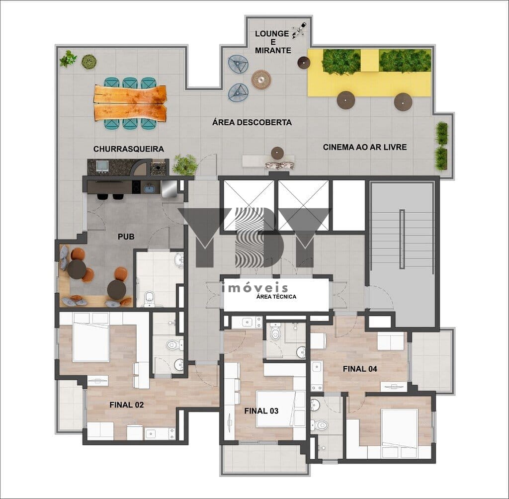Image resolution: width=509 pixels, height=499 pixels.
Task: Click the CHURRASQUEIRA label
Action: (129, 149)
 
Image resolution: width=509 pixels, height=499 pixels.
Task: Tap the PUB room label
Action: (126, 237)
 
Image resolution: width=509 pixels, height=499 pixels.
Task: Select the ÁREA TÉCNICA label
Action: (276, 296)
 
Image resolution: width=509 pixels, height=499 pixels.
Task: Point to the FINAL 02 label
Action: (127, 405)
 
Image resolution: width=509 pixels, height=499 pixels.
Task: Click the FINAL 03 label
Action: (261, 411)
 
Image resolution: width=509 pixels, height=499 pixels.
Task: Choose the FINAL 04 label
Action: (360, 369)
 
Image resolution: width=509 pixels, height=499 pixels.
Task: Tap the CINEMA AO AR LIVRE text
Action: (365, 147)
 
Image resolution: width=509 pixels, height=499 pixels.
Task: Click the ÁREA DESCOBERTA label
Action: (252, 122)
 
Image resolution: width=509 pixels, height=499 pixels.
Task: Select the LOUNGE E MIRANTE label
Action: (272, 42)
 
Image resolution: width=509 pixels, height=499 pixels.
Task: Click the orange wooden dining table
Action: (130, 103)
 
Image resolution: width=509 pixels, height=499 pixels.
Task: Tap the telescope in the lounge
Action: (299, 30)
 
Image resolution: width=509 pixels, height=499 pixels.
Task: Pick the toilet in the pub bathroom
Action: (149, 298)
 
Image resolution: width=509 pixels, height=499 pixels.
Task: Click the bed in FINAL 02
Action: (91, 337)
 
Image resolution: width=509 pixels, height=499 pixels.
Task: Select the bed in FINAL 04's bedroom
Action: (400, 428)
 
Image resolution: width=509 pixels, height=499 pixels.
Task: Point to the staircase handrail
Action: (402, 239)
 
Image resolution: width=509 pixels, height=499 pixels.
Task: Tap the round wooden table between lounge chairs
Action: (261, 79)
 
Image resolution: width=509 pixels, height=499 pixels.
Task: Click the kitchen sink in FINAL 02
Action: (151, 433)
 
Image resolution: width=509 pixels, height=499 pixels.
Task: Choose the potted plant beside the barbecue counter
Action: (185, 165)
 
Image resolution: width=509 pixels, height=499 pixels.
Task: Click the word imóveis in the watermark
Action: (255, 287)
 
